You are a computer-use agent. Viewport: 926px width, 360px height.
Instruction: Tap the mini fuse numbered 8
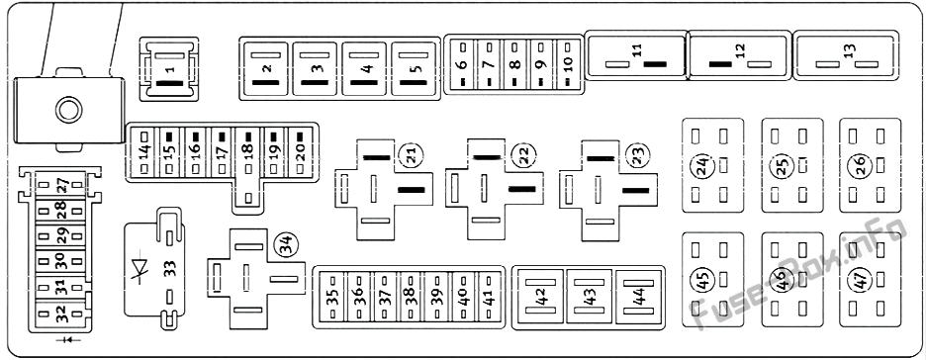coord(514,67)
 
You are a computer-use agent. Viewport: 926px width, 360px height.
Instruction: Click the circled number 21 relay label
coord(408,153)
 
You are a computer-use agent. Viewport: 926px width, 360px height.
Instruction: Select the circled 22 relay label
coord(520,153)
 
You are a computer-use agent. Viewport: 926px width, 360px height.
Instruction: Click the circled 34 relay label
coord(284,241)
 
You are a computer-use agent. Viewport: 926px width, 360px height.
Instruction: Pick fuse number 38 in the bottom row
coord(408,296)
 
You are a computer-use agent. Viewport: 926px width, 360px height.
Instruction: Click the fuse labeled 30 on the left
coord(59,262)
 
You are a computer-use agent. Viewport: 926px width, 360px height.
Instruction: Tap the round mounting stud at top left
coord(68,109)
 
